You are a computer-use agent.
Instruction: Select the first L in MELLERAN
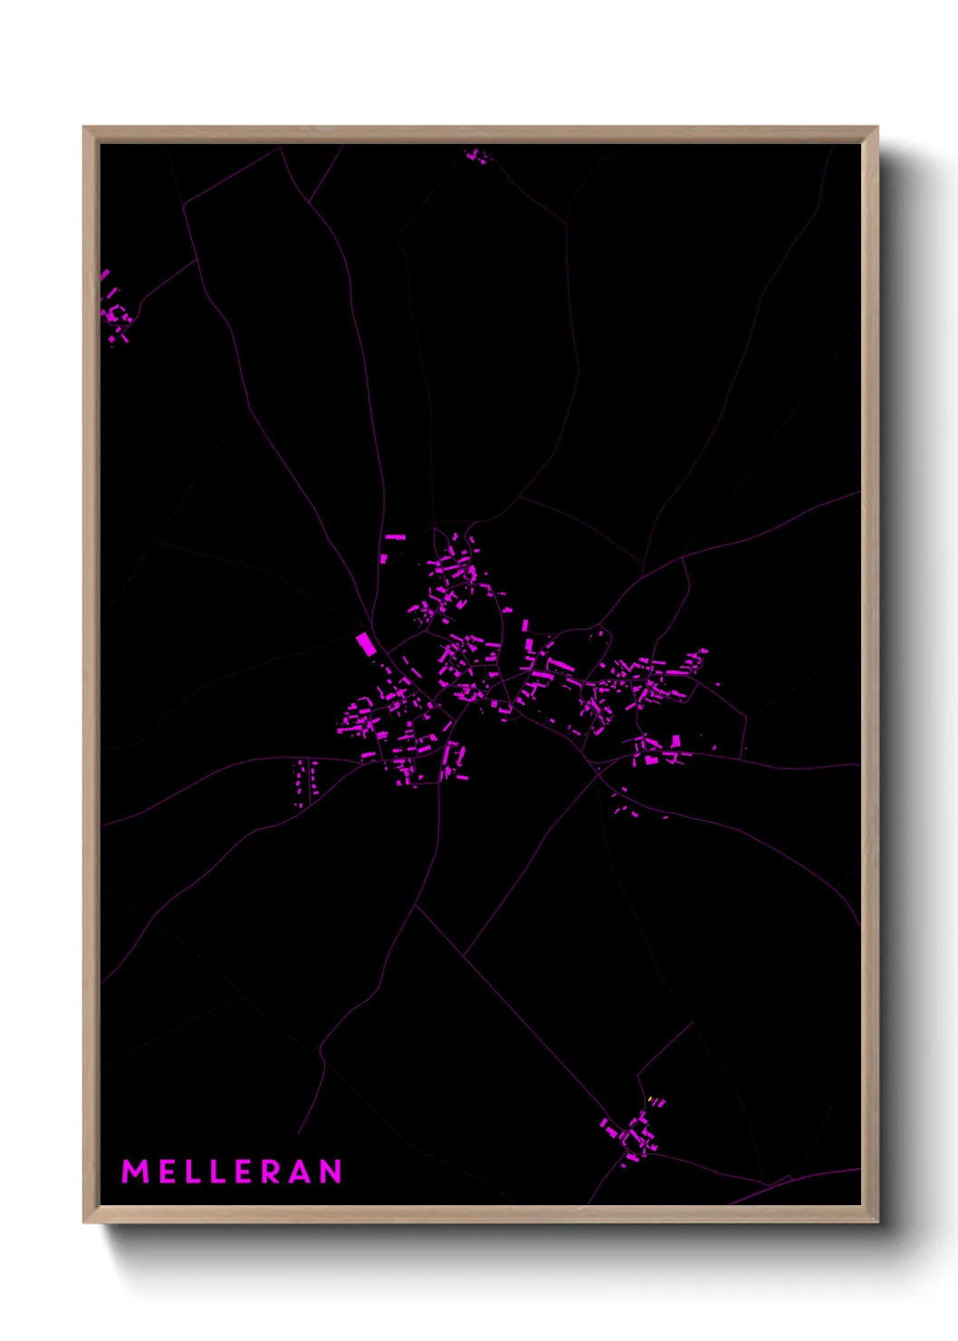click(193, 1172)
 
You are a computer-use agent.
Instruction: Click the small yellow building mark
click(650, 1100)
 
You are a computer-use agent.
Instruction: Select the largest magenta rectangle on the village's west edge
click(365, 644)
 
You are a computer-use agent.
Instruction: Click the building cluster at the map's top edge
click(476, 157)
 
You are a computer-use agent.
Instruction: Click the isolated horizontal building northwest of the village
click(395, 537)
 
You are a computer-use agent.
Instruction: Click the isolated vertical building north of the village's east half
click(525, 625)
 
